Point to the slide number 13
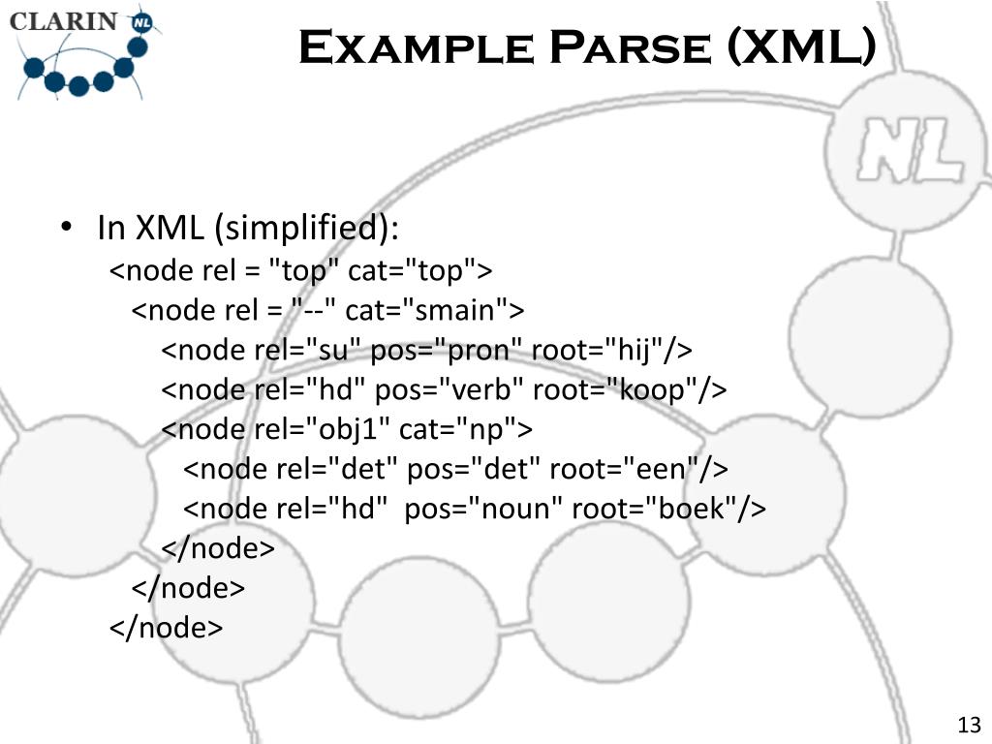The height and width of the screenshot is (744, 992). [x=969, y=726]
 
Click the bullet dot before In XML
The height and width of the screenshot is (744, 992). [x=67, y=229]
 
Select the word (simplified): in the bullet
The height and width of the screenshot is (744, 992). [x=306, y=229]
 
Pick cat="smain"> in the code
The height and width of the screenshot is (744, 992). [x=435, y=309]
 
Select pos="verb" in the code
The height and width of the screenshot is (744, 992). [x=449, y=388]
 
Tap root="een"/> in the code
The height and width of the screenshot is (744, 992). [x=638, y=468]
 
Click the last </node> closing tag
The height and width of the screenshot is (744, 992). [x=166, y=627]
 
